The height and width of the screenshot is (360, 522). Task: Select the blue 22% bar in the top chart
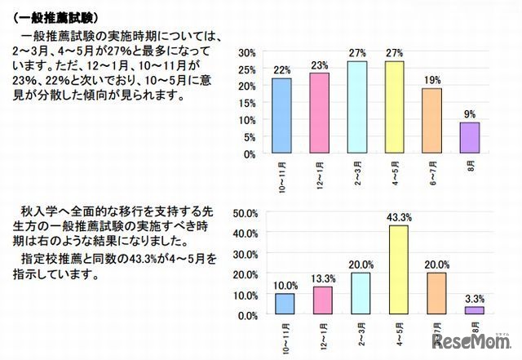pyautogui.click(x=281, y=115)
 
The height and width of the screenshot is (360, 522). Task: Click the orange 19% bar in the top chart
pyautogui.click(x=431, y=120)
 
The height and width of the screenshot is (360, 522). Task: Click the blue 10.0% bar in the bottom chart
pyautogui.click(x=284, y=304)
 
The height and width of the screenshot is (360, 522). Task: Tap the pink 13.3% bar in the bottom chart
pyautogui.click(x=323, y=300)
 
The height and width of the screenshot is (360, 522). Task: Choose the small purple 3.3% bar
pyautogui.click(x=475, y=310)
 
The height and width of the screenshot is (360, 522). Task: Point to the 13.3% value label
pyautogui.click(x=323, y=278)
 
